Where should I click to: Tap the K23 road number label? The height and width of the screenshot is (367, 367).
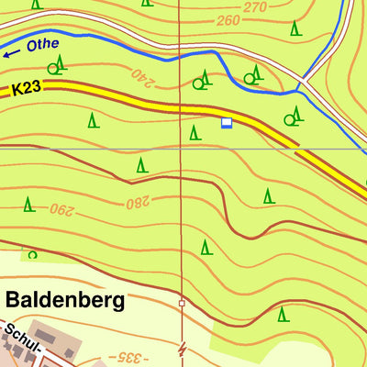(x=28, y=89)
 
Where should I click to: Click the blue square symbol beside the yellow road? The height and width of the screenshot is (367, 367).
(x=227, y=122)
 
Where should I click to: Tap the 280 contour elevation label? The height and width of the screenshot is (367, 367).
(x=138, y=201)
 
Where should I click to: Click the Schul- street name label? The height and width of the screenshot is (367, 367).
(x=18, y=334)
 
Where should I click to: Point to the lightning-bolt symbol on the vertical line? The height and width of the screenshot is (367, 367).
(x=182, y=349)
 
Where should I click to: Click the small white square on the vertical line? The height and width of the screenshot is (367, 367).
(x=182, y=303)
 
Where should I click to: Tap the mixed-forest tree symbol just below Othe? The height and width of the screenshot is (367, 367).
(x=59, y=64)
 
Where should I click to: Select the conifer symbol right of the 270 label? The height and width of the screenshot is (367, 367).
(x=295, y=28)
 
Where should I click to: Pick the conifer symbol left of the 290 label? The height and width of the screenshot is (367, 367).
(x=29, y=204)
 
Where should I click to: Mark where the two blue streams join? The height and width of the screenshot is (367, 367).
(x=300, y=90)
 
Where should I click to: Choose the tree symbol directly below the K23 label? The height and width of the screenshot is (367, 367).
(x=92, y=119)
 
